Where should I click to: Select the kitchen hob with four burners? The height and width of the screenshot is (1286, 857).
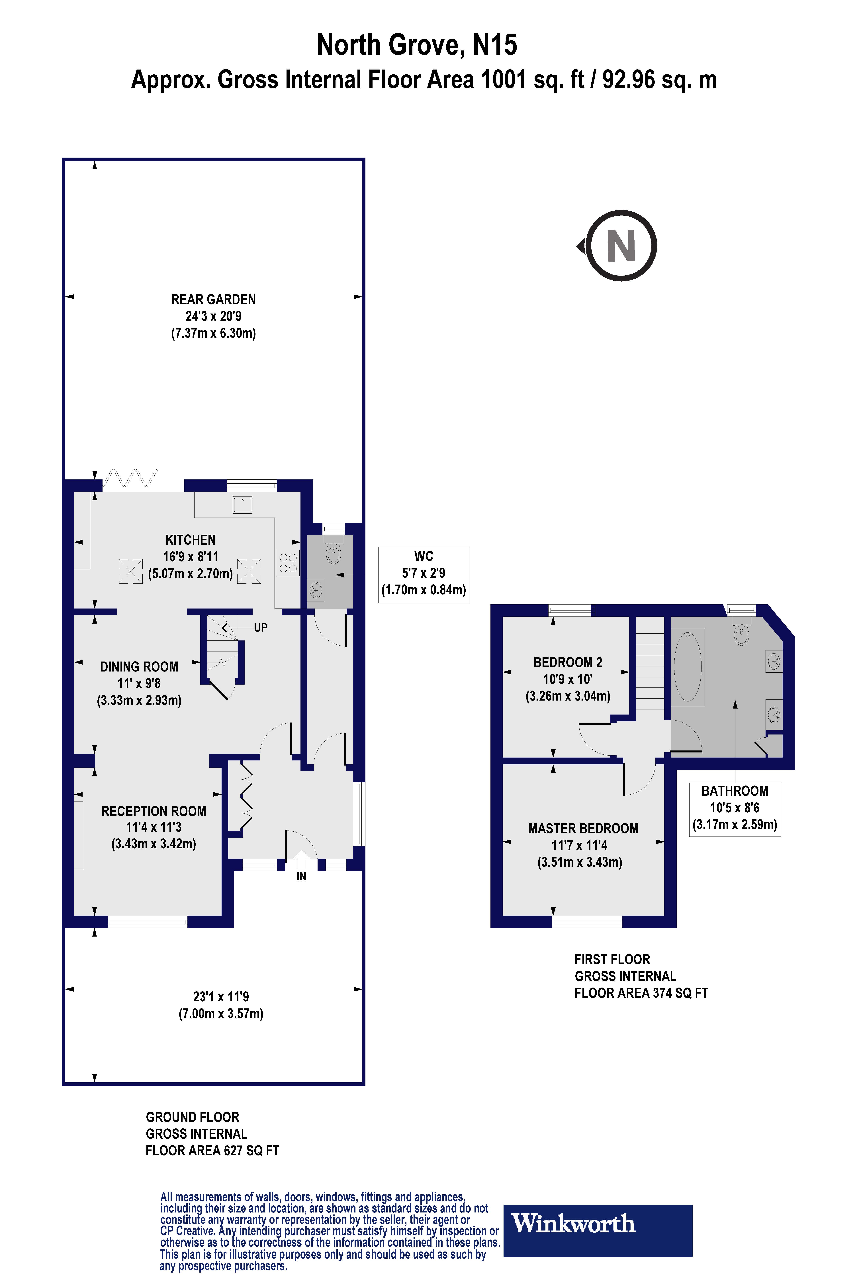pos(288,563)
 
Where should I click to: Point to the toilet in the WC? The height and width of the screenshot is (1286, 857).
pos(333,551)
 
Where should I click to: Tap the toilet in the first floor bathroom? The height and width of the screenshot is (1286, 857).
pos(741,634)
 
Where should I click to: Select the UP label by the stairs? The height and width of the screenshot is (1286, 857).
pos(261,628)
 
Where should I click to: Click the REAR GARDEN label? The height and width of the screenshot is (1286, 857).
pos(214,300)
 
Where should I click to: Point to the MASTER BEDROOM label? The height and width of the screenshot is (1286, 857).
pos(583,829)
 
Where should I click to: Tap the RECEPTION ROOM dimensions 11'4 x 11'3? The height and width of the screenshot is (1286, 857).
pos(154,827)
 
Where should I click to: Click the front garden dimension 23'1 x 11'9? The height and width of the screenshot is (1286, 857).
pos(221,997)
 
